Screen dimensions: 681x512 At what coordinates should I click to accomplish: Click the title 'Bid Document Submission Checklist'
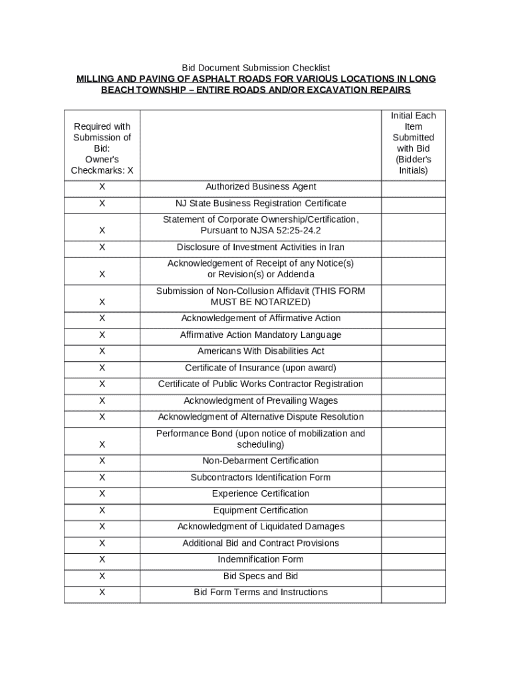click(256, 68)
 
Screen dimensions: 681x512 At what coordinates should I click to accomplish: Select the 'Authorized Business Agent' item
click(261, 187)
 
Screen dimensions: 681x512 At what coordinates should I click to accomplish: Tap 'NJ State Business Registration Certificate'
click(261, 203)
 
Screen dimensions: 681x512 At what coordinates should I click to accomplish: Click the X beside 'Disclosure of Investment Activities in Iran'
click(102, 247)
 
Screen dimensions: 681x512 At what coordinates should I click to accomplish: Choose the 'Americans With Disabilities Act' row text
click(261, 351)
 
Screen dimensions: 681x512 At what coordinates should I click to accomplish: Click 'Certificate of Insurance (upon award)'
click(261, 368)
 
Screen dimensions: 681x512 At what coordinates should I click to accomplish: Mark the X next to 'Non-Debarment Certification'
click(102, 461)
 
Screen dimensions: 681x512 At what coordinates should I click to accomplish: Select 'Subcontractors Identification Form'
click(261, 477)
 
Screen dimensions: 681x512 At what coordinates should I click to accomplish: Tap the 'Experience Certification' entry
click(261, 493)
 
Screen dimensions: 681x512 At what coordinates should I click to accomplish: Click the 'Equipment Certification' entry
click(261, 510)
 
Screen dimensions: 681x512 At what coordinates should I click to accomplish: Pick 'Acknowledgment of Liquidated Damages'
click(261, 527)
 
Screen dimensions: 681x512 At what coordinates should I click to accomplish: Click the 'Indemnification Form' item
click(261, 559)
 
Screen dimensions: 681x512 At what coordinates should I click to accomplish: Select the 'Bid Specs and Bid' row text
click(261, 576)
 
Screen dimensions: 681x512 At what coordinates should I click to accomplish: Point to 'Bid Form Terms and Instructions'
click(261, 592)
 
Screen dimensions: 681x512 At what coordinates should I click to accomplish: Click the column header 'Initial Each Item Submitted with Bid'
click(413, 143)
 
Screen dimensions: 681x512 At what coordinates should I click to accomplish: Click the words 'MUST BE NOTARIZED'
click(261, 302)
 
